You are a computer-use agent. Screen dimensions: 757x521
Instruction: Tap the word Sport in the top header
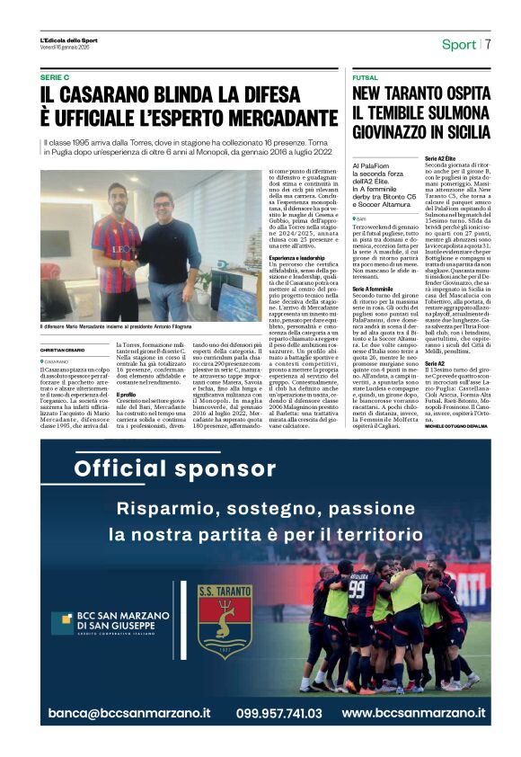(459, 45)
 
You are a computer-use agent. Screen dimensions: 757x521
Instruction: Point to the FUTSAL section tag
(366, 78)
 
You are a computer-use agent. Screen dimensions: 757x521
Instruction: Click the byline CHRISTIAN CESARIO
(64, 350)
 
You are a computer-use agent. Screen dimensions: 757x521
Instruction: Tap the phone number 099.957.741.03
(279, 712)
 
